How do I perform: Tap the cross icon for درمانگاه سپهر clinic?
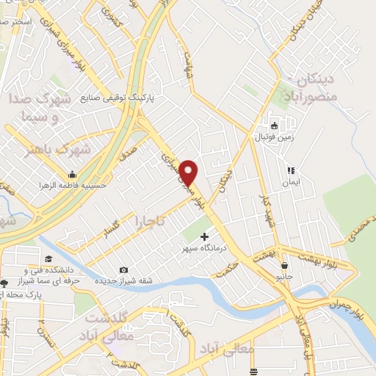pos(204,236)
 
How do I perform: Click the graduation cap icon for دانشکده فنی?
pos(48,258)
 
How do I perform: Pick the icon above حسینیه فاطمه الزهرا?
pos(73,175)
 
